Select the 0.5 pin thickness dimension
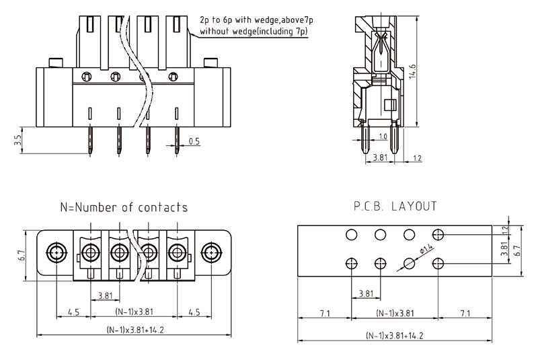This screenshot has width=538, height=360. (194, 141)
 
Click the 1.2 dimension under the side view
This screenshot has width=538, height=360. (417, 159)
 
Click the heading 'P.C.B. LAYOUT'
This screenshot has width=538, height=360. (395, 206)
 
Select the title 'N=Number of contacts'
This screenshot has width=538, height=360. (124, 207)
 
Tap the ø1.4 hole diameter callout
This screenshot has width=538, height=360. (424, 252)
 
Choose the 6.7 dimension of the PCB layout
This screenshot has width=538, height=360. (516, 250)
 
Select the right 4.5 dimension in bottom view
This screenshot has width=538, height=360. (194, 312)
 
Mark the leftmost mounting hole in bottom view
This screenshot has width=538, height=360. (55, 254)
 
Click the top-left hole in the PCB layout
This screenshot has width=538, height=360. (351, 234)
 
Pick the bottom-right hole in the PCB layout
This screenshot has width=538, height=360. (438, 263)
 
